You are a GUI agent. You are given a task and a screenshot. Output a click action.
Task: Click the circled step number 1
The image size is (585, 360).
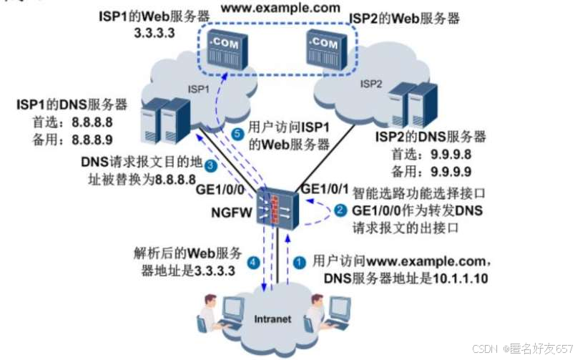(x=301, y=262)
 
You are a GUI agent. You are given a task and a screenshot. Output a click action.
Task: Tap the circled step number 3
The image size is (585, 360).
(x=210, y=166)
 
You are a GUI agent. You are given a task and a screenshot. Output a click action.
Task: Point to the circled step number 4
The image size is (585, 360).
(x=253, y=262)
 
